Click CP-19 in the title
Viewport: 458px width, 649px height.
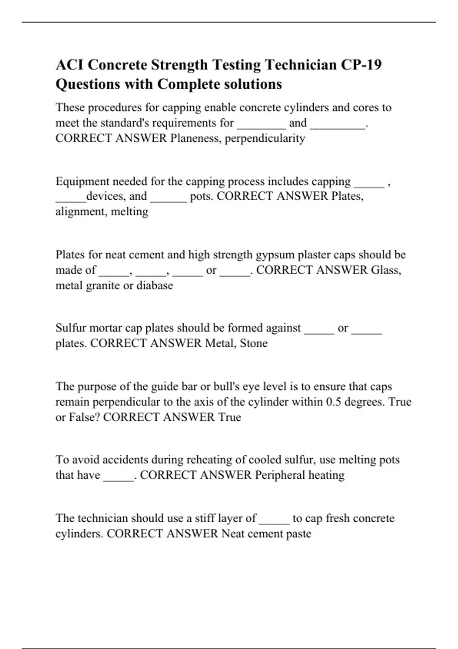[x=361, y=65]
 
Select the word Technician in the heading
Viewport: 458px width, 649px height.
[x=299, y=65]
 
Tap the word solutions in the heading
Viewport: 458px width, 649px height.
[x=251, y=84]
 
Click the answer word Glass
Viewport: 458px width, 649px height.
[x=386, y=270]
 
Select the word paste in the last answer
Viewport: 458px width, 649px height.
[x=300, y=534]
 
